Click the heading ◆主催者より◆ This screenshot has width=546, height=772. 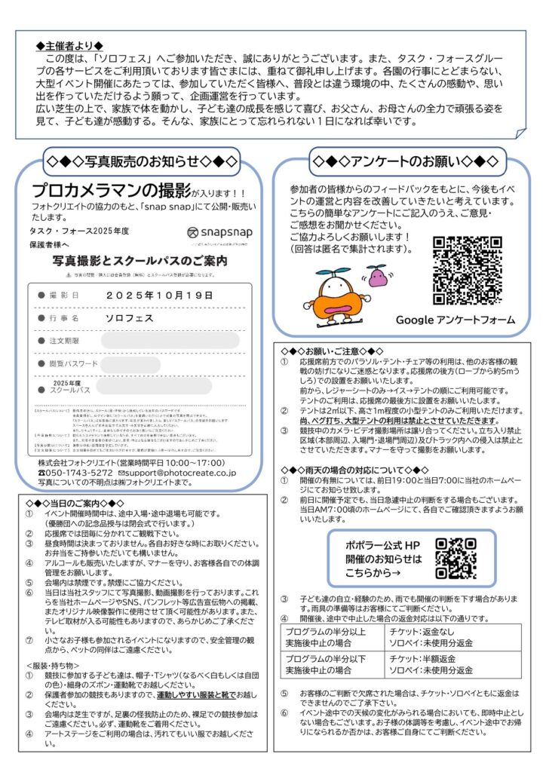70,46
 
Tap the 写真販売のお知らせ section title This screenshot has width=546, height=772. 142,161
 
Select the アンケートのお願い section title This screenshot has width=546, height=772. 405,161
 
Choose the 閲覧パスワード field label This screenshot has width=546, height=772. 74,364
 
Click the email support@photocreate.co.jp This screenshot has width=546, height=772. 179,473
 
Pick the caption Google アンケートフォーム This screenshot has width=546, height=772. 456,320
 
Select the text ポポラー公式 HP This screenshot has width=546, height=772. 384,544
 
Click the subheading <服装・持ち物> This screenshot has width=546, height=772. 58,666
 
